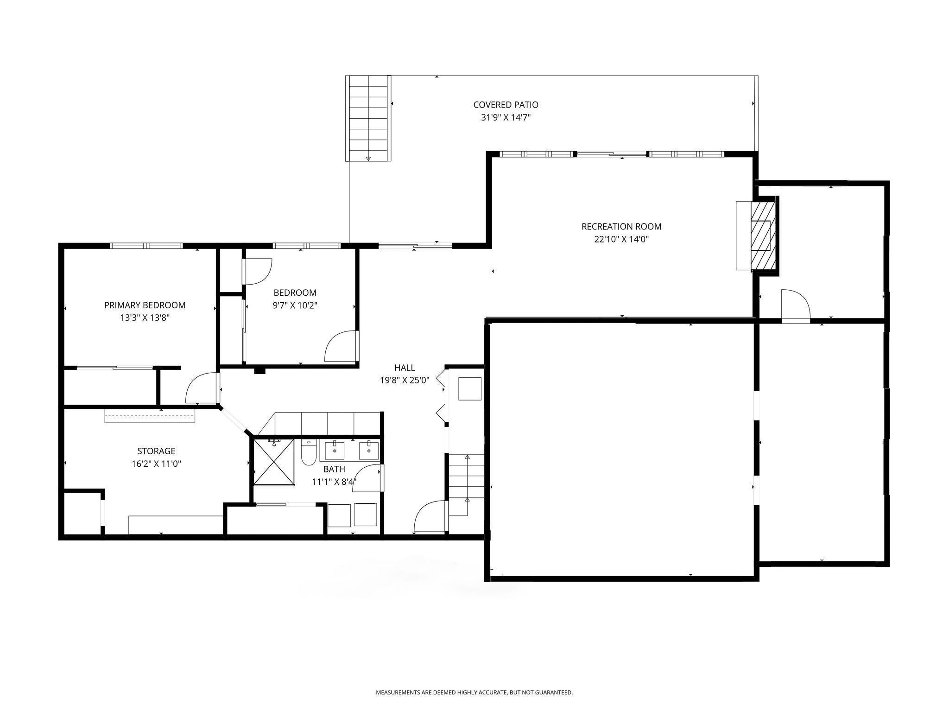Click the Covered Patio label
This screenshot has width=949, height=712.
pyautogui.click(x=506, y=105)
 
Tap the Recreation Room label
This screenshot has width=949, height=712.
pyautogui.click(x=621, y=227)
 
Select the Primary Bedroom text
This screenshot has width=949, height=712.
pyautogui.click(x=145, y=305)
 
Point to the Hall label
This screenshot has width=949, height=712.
pyautogui.click(x=405, y=368)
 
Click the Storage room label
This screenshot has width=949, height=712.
pyautogui.click(x=156, y=451)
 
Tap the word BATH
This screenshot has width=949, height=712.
pyautogui.click(x=334, y=469)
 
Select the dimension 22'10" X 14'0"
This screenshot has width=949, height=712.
pyautogui.click(x=621, y=239)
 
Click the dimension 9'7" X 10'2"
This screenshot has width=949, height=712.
pyautogui.click(x=295, y=305)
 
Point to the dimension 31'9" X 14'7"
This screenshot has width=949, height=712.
pyautogui.click(x=506, y=117)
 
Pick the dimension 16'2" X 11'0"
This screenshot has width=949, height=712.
pyautogui.click(x=156, y=464)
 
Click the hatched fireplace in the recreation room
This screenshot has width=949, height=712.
pyautogui.click(x=763, y=235)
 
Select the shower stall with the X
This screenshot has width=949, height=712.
pyautogui.click(x=274, y=462)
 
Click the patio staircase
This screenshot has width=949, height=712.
pyautogui.click(x=368, y=118)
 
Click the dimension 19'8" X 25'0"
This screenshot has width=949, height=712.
pyautogui.click(x=405, y=380)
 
